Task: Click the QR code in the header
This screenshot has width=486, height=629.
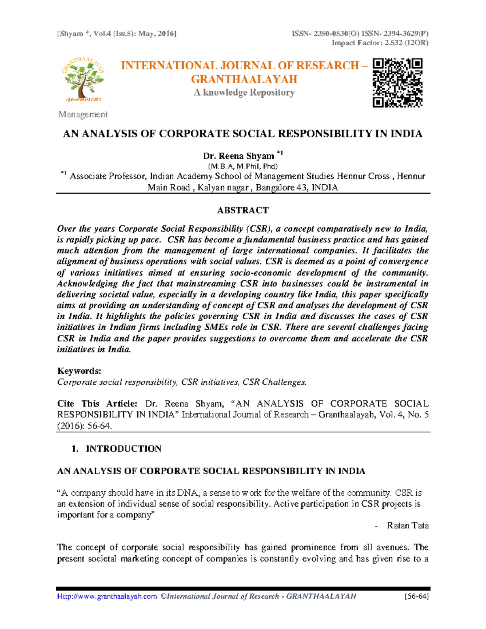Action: click(x=397, y=83)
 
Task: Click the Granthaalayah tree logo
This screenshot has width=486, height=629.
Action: click(x=83, y=80)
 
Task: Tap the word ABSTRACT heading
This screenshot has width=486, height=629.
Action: click(x=243, y=210)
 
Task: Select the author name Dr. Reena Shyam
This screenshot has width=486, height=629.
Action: click(x=239, y=156)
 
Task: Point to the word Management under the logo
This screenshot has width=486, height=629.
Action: click(x=83, y=115)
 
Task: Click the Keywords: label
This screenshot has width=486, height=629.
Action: click(x=79, y=371)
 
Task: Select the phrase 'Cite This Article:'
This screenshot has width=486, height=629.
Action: click(x=97, y=404)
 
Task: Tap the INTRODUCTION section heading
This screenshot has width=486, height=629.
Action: click(x=123, y=449)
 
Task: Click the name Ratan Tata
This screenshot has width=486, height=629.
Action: click(x=407, y=526)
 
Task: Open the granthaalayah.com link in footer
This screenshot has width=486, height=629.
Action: click(x=107, y=597)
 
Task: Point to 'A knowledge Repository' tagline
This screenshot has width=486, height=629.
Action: click(x=244, y=93)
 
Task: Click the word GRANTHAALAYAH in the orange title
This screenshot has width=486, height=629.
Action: click(x=244, y=79)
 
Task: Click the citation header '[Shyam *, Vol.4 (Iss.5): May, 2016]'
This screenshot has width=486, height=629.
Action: click(x=117, y=34)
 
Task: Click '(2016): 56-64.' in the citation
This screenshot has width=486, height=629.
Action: click(x=84, y=426)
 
